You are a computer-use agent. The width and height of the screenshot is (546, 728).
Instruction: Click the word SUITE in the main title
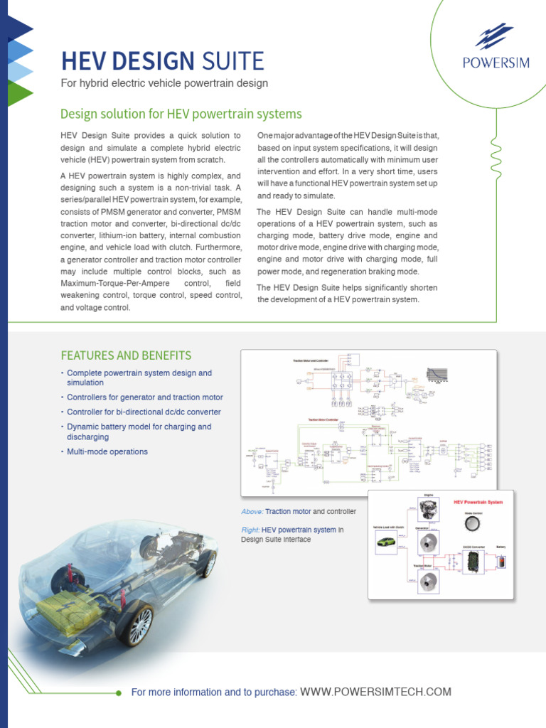tap(232, 61)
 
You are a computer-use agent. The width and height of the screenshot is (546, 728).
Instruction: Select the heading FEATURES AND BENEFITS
tap(126, 355)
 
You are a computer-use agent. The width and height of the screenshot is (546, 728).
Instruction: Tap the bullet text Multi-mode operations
tap(107, 451)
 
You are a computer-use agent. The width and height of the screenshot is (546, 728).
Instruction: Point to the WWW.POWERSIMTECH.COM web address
tap(375, 692)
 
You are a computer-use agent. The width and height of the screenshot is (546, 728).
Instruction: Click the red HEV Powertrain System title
tap(478, 502)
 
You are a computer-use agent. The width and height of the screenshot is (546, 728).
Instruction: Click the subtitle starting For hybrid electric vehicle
tap(164, 83)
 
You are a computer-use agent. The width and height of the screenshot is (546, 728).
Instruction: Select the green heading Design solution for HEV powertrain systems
tap(181, 114)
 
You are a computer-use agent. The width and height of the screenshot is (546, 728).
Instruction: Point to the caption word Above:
tap(252, 511)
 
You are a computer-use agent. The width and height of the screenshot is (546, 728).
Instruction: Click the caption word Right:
tap(250, 530)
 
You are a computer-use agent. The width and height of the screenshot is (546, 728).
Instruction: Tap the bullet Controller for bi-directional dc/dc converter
tap(144, 412)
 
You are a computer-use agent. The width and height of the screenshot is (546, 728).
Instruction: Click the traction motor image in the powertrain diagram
tap(429, 581)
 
